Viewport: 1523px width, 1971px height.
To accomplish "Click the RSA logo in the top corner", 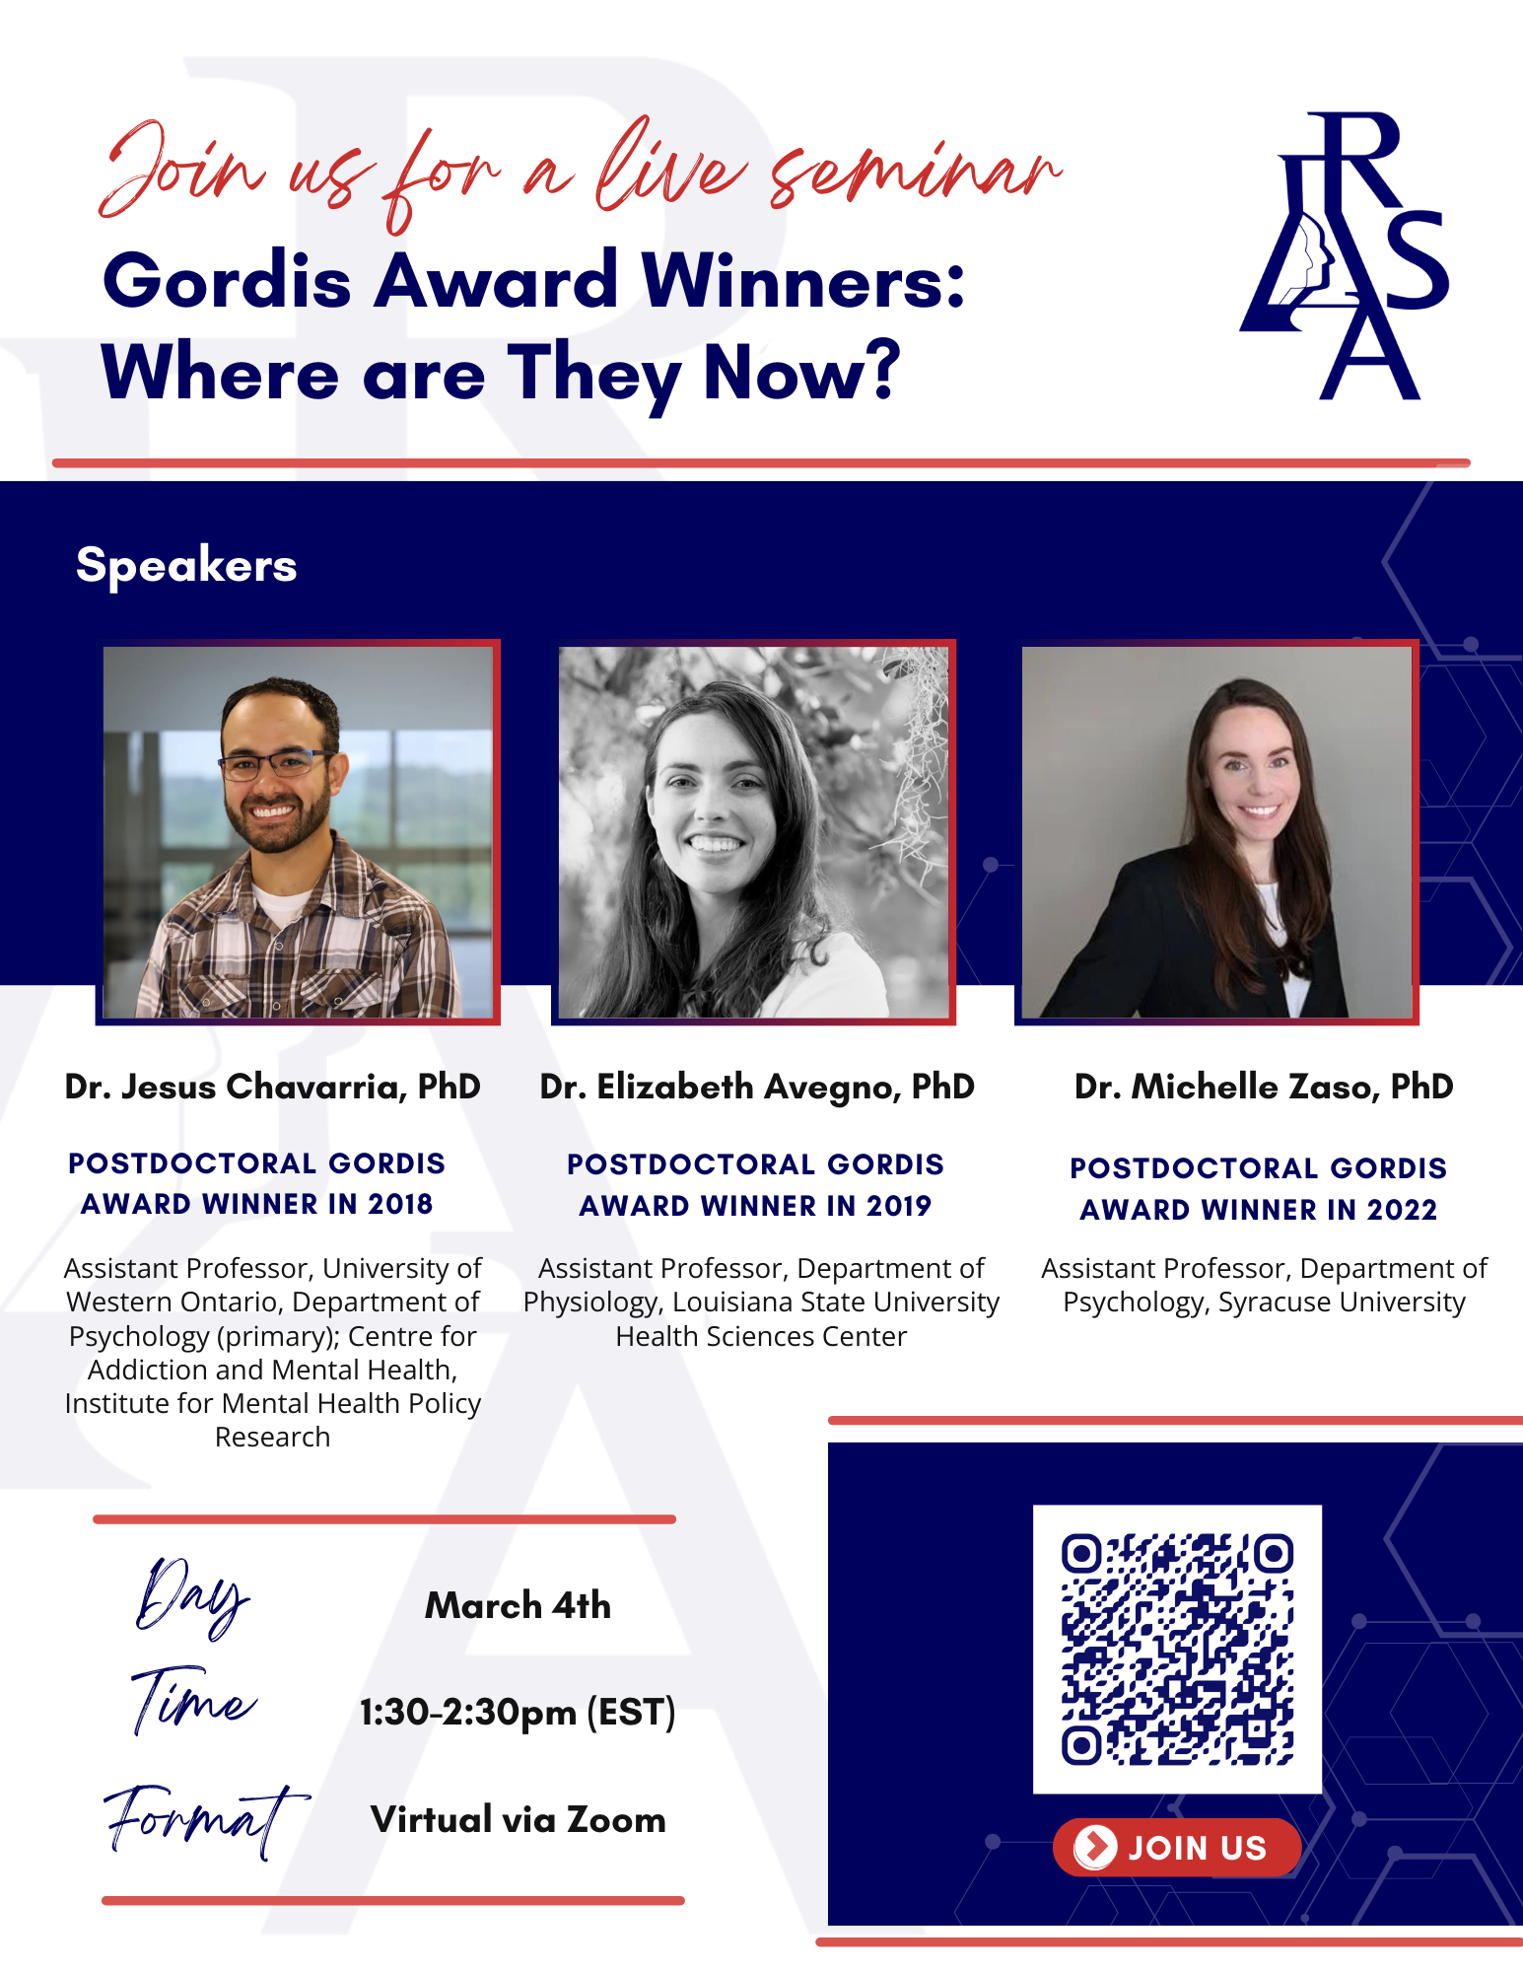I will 1345,256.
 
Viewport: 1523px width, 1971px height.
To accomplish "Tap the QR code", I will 1177,1649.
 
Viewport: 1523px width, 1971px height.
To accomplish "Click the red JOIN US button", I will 1177,1847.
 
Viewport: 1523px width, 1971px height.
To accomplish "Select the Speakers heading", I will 186,565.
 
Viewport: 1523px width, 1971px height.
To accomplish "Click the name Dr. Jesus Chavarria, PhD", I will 272,1087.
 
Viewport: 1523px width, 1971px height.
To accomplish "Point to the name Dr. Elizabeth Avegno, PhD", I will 756,1087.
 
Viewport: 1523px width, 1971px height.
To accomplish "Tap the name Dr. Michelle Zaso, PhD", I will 1263,1087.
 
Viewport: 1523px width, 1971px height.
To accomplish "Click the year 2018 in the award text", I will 399,1204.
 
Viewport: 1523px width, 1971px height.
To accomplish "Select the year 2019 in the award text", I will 898,1206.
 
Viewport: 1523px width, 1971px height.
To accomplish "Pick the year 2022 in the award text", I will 1402,1210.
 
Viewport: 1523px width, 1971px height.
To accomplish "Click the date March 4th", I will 518,1605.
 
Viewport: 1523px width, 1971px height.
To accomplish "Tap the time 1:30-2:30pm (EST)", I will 518,1713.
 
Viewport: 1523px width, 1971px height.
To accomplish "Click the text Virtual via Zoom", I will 518,1819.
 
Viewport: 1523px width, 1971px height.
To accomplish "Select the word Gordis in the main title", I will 227,281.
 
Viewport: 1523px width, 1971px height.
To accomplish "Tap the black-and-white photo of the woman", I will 753,831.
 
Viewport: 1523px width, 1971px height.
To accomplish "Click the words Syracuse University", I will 1342,1302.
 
